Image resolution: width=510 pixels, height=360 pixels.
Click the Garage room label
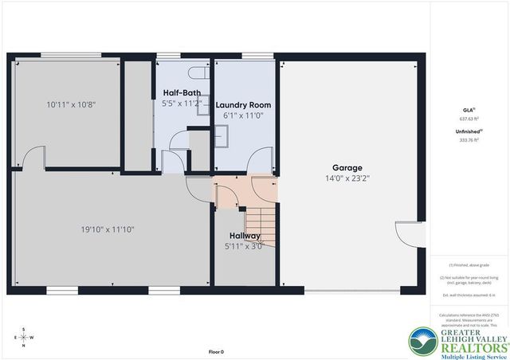pyautogui.click(x=347, y=168)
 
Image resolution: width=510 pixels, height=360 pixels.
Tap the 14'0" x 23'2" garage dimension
pyautogui.click(x=347, y=178)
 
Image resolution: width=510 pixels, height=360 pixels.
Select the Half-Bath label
pyautogui.click(x=181, y=92)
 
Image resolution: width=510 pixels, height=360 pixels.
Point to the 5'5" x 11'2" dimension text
pyautogui.click(x=181, y=103)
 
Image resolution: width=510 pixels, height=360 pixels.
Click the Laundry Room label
pyautogui.click(x=243, y=105)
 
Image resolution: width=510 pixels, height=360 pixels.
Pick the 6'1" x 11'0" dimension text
pyautogui.click(x=243, y=115)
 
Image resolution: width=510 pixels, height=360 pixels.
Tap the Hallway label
pyautogui.click(x=245, y=236)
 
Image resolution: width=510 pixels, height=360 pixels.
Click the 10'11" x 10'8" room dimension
pyautogui.click(x=65, y=104)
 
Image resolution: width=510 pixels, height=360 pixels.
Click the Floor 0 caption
pyautogui.click(x=216, y=351)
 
